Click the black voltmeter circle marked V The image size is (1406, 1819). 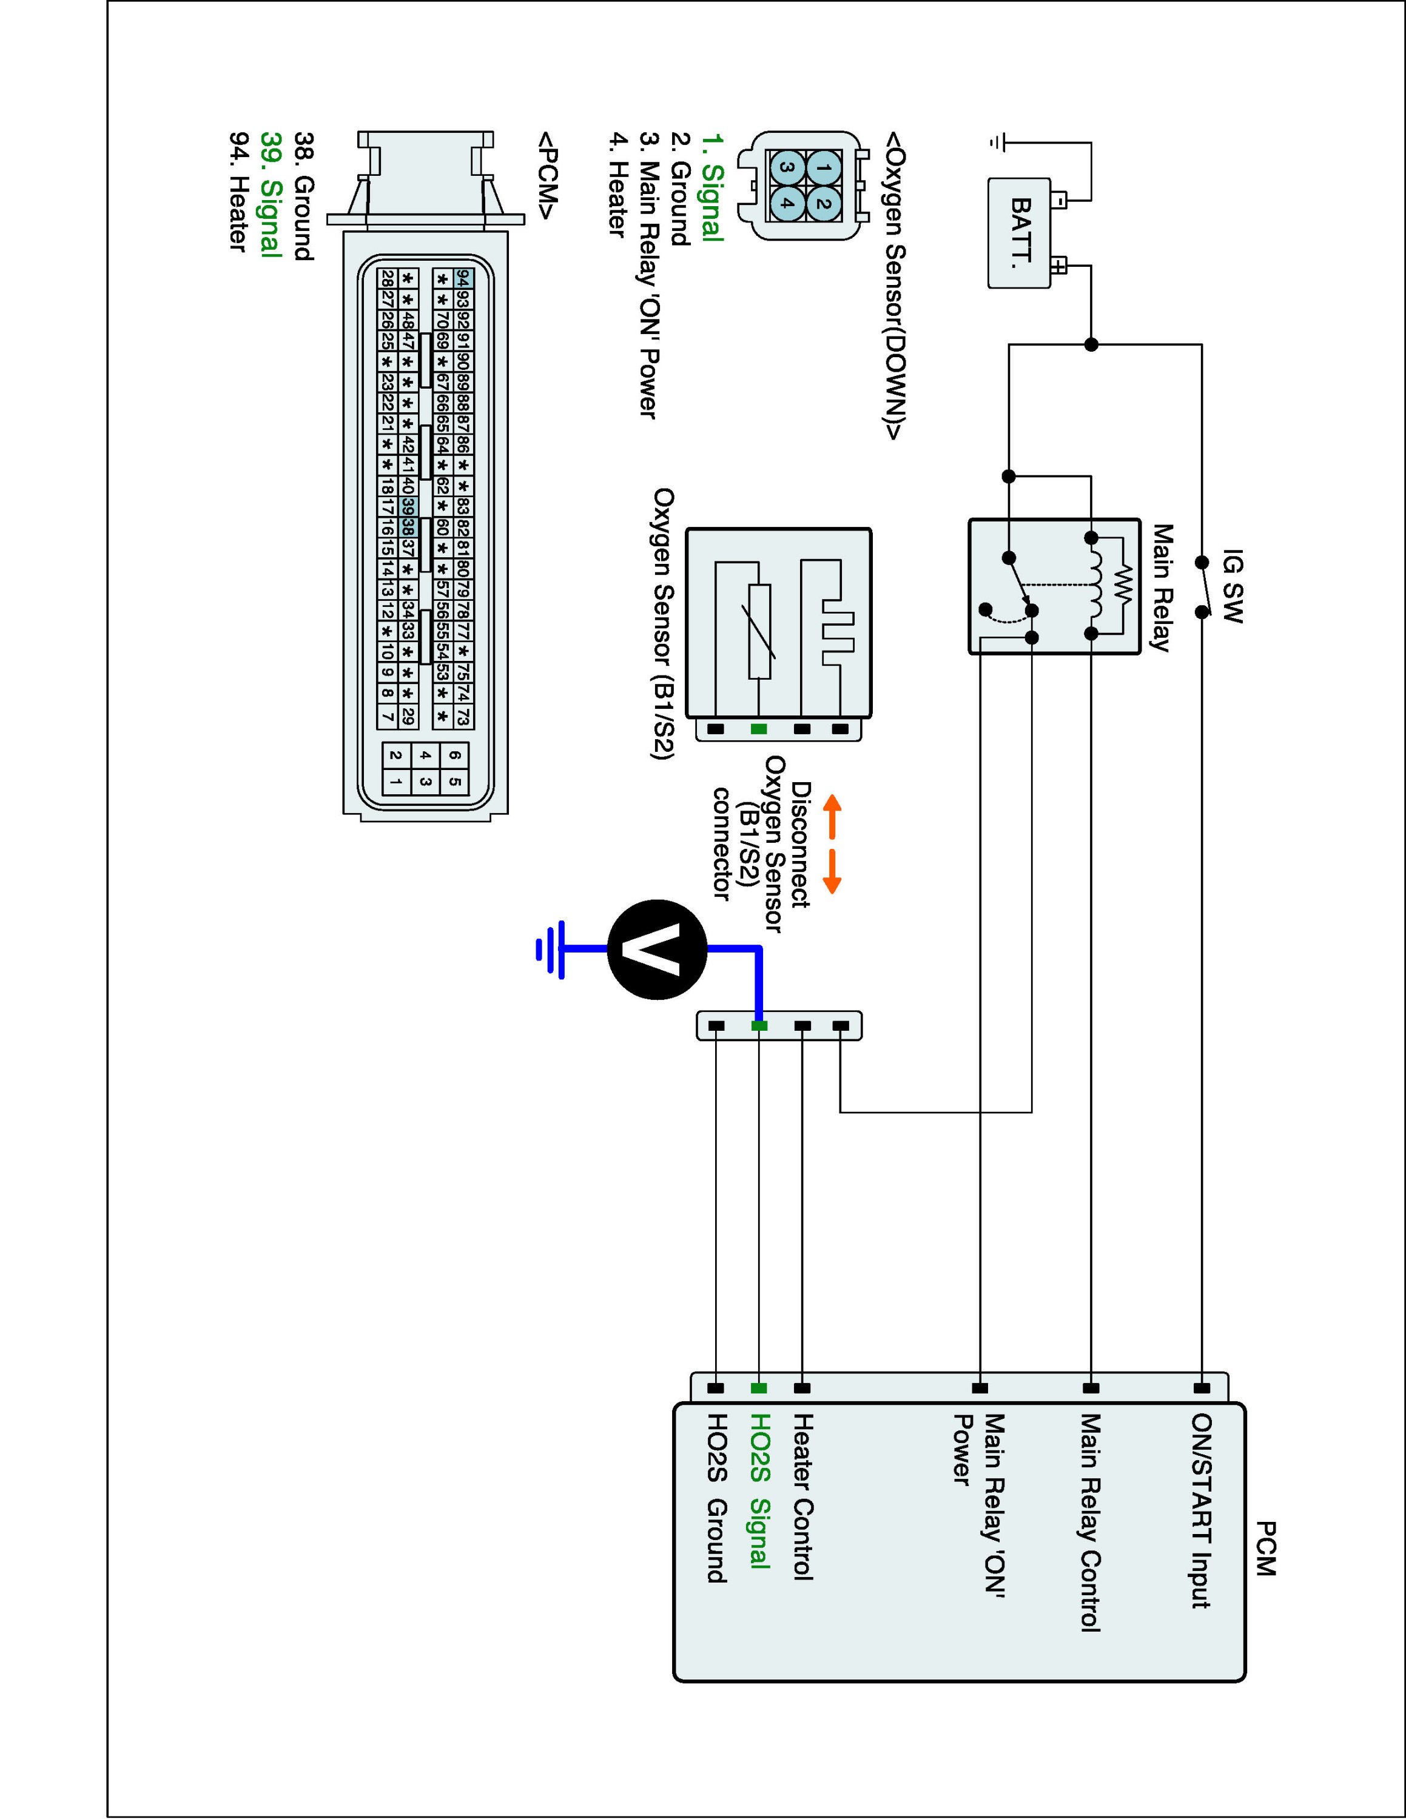657,949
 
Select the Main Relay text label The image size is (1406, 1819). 1162,587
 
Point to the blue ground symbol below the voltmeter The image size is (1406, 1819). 551,949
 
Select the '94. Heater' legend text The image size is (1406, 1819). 239,191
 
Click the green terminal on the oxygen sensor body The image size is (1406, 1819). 759,729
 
